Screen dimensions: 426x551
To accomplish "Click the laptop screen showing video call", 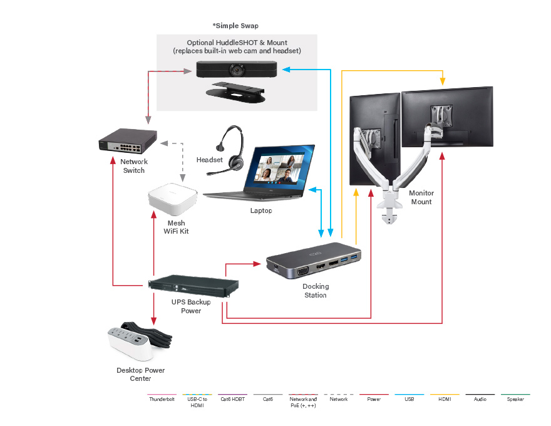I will (x=279, y=166).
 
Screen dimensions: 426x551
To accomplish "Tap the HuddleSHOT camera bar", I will (x=236, y=68).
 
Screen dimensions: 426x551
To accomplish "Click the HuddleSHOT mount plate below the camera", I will (x=236, y=93).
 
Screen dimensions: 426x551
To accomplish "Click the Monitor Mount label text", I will (x=421, y=197).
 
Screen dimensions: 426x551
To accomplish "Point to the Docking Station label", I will (x=316, y=291).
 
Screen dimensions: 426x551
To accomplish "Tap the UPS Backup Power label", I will (x=191, y=306).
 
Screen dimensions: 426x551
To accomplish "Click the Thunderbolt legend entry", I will (x=161, y=399).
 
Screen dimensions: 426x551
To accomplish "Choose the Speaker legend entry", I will (x=516, y=399).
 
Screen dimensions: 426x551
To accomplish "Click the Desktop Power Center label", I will (x=140, y=374).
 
